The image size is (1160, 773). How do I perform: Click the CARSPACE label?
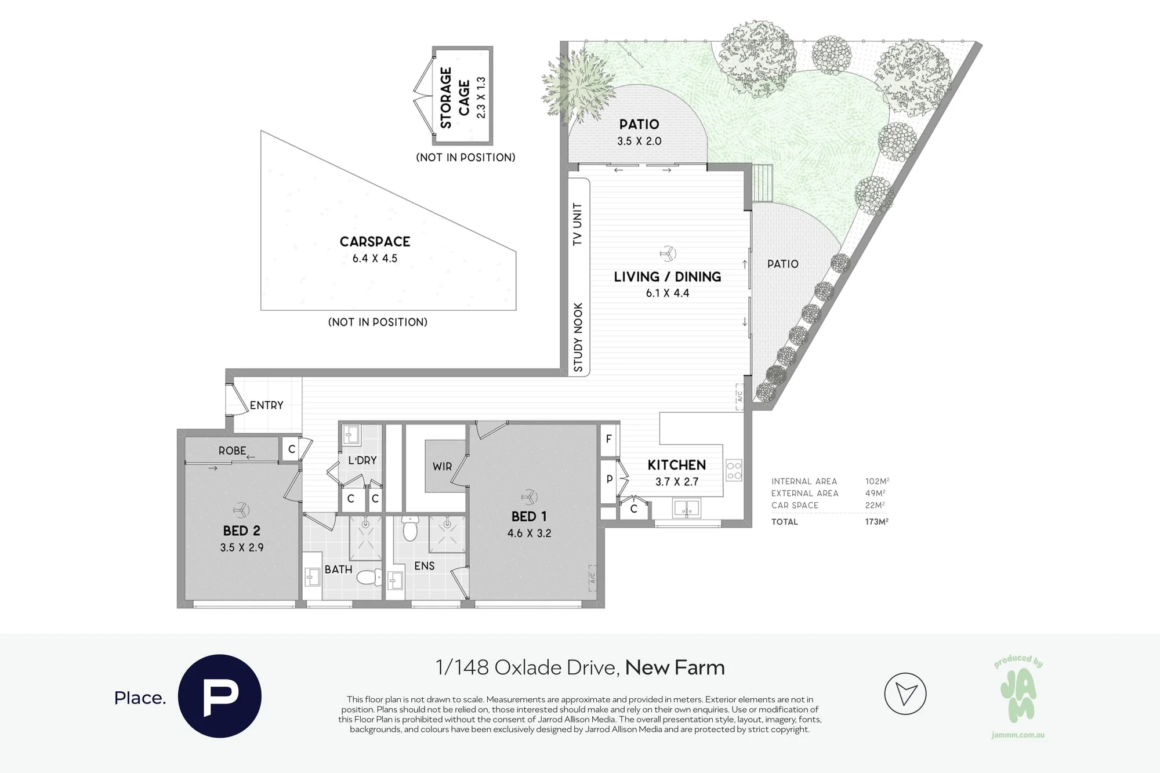click(375, 241)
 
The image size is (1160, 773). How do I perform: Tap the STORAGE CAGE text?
click(455, 97)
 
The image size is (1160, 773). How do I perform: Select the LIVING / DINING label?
click(668, 277)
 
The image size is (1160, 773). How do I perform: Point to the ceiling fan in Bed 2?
click(241, 510)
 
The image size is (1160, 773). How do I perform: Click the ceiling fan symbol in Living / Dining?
click(668, 253)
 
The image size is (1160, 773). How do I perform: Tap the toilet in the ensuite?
click(409, 528)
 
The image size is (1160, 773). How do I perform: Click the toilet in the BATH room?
click(369, 577)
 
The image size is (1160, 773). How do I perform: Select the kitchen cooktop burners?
click(734, 470)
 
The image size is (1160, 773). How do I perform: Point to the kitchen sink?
click(687, 509)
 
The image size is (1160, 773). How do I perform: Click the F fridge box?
click(608, 439)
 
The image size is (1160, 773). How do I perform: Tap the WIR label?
click(442, 466)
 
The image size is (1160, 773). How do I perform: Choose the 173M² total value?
click(876, 521)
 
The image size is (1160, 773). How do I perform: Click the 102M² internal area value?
click(877, 481)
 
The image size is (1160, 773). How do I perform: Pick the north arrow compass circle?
click(905, 694)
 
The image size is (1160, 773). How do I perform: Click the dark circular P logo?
click(220, 696)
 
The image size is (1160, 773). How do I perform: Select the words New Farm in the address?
click(675, 667)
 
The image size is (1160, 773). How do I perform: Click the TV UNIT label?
click(577, 224)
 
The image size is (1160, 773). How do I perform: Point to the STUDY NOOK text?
click(578, 337)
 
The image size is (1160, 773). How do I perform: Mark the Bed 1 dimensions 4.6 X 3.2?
click(529, 533)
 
